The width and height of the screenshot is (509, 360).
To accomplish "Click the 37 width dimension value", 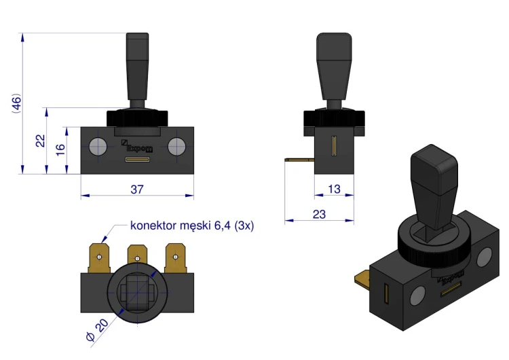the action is click(137, 189).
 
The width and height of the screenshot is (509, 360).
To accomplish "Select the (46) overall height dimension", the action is click(16, 103).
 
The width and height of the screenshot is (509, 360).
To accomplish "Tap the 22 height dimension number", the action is click(41, 141).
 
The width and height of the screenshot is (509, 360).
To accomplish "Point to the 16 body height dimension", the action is click(60, 149).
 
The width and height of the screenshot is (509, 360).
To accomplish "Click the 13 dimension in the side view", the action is click(334, 189).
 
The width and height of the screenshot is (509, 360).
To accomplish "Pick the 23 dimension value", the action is click(319, 214).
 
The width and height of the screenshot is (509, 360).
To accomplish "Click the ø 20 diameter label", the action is click(97, 330).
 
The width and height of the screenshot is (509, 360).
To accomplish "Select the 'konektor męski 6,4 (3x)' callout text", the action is click(192, 225).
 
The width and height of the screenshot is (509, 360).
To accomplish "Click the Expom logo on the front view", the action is click(136, 146).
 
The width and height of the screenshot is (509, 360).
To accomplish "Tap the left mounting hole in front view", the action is click(98, 146).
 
